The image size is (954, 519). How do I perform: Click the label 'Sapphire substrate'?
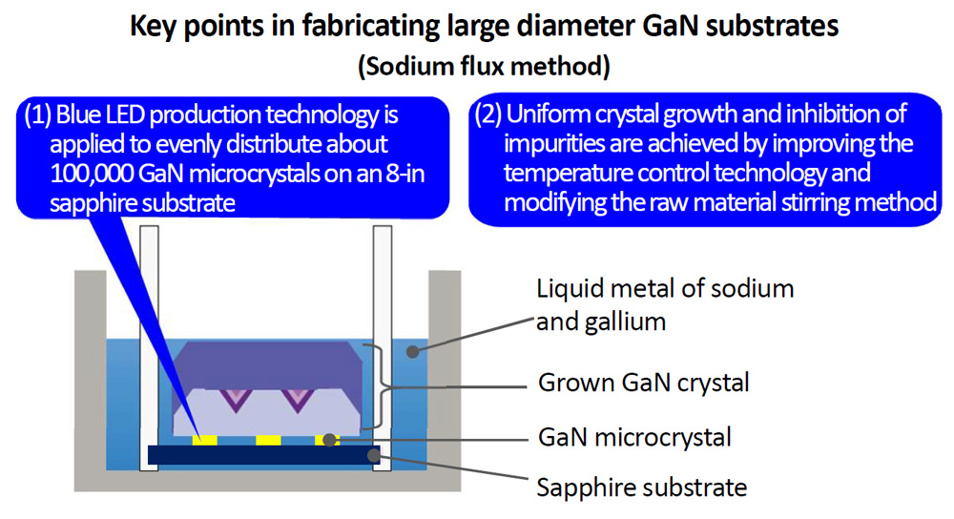tap(642, 488)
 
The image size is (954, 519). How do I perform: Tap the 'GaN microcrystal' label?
tap(634, 438)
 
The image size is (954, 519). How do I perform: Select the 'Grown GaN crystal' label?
tap(644, 383)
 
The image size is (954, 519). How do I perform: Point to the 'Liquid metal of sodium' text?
tap(665, 288)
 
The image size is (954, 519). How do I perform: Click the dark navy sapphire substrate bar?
tap(264, 455)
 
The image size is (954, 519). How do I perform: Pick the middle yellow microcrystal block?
tap(268, 440)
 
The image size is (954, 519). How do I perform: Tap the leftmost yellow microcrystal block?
tap(205, 440)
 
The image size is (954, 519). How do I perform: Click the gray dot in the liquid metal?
tap(412, 352)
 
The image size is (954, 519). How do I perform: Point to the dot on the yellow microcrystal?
tap(329, 440)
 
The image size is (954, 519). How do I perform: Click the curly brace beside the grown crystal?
tap(383, 387)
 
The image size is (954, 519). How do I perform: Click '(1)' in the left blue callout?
tap(36, 115)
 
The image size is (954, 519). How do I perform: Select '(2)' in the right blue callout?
tap(487, 114)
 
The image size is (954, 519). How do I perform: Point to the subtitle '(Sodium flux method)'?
tap(484, 66)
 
